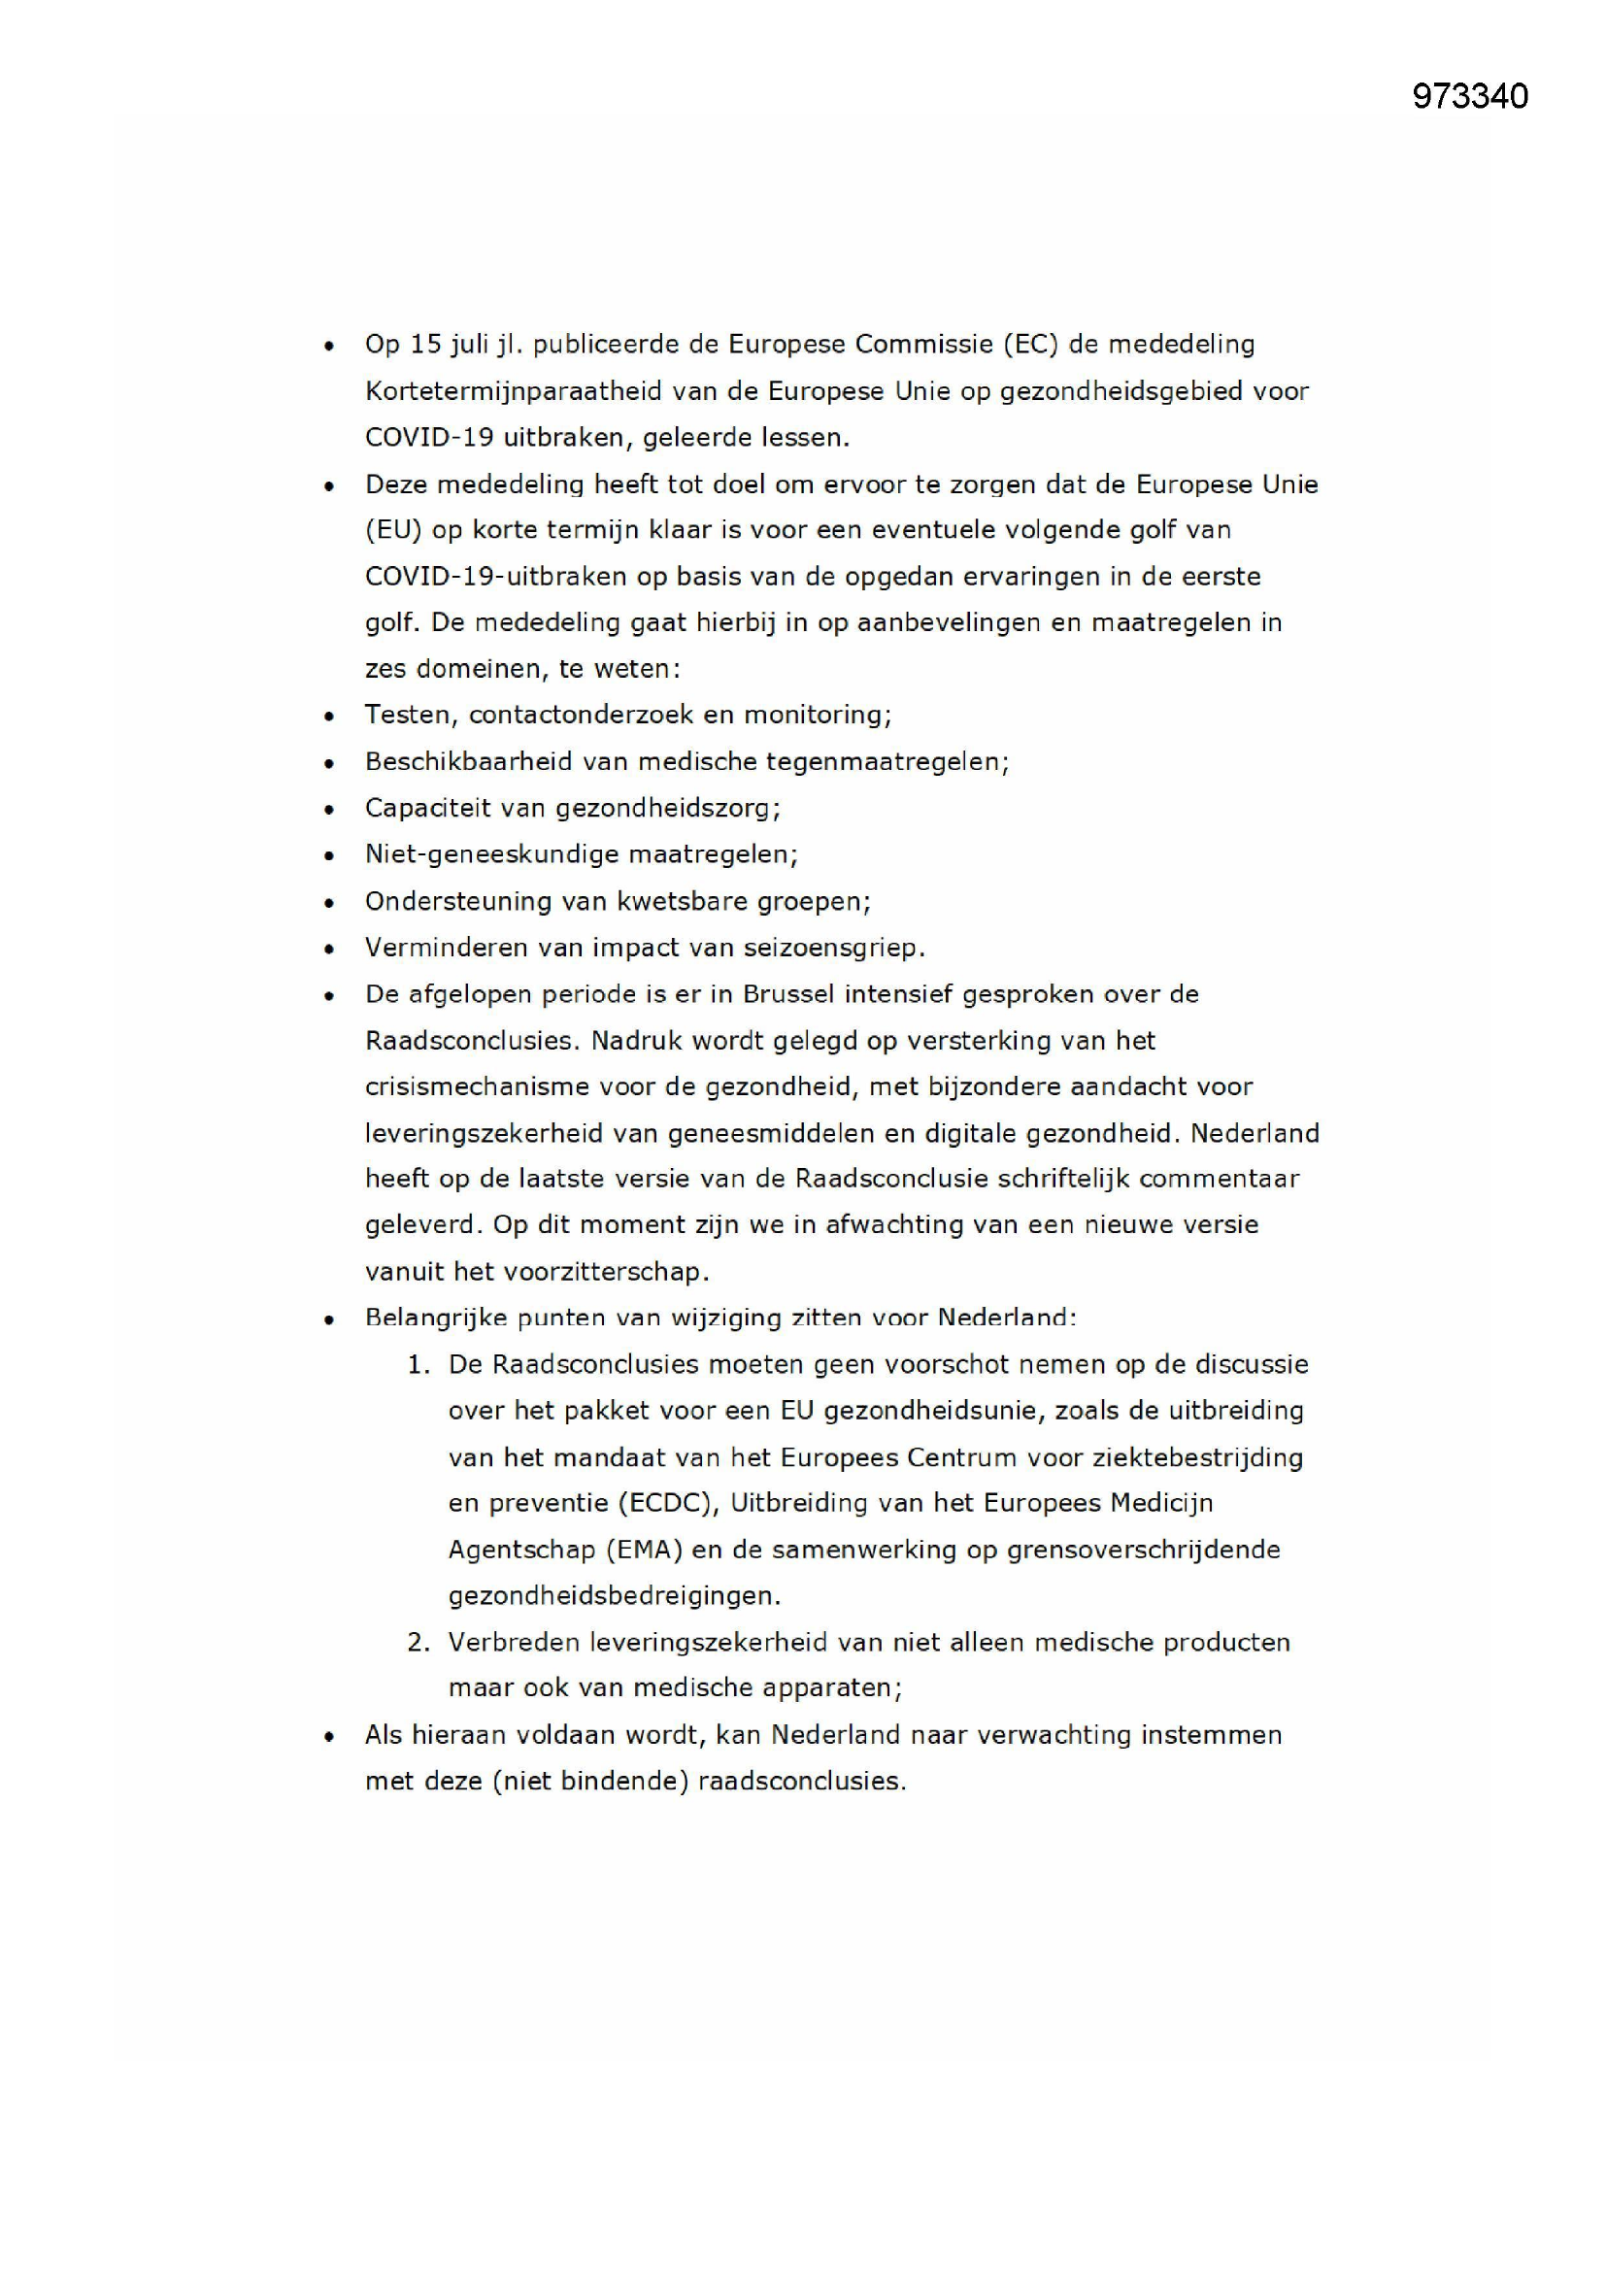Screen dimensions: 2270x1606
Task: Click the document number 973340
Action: [x=1469, y=96]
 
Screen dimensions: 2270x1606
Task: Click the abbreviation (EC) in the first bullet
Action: [x=1030, y=344]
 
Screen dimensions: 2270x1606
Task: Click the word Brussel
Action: [x=788, y=993]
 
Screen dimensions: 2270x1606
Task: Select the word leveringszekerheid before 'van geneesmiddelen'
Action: [x=484, y=1133]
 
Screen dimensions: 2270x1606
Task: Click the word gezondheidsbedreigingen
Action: [x=613, y=1596]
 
